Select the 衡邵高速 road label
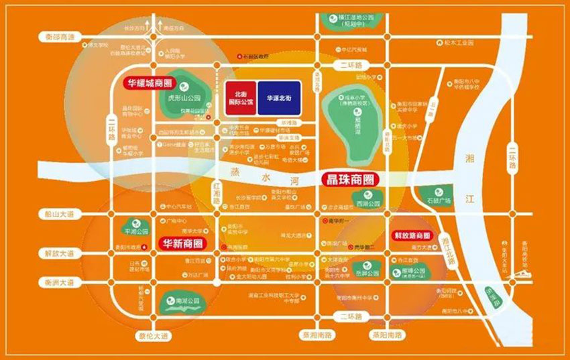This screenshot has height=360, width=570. (x=59, y=38)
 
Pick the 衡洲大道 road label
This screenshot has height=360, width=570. (x=57, y=282)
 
